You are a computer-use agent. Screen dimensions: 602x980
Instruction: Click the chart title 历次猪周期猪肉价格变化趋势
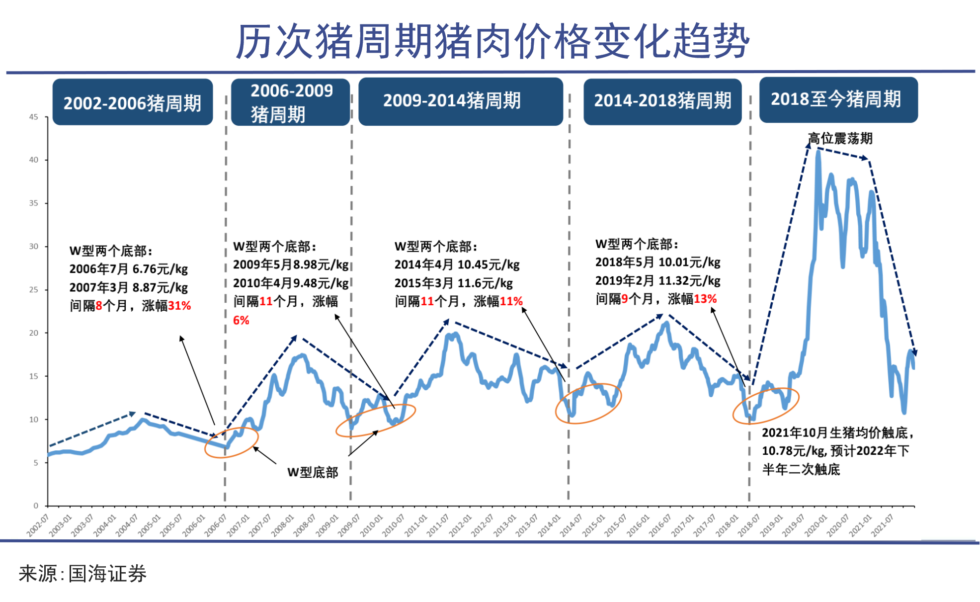(x=492, y=41)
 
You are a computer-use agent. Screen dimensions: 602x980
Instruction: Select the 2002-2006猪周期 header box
(x=132, y=102)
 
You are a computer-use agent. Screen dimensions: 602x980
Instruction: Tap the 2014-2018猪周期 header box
(x=662, y=101)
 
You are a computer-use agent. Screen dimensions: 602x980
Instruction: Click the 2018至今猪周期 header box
(x=838, y=99)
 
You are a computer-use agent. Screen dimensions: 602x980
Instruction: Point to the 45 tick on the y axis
(x=33, y=117)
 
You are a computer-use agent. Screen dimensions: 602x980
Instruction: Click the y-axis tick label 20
(x=33, y=333)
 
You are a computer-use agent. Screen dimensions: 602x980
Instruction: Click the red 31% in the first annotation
(x=179, y=306)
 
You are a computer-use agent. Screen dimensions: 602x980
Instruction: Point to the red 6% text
(x=241, y=320)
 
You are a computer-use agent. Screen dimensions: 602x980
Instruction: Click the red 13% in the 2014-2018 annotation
(x=705, y=299)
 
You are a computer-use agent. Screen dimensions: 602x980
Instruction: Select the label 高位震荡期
(x=840, y=138)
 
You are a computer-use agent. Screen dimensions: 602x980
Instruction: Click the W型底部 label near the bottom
(x=312, y=472)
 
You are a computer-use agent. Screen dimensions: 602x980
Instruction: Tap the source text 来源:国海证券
(x=82, y=574)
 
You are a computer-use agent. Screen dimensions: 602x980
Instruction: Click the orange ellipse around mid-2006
(x=231, y=441)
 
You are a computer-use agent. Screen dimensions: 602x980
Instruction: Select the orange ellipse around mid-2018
(x=766, y=406)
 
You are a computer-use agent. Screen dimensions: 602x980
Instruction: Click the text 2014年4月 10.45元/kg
(x=457, y=264)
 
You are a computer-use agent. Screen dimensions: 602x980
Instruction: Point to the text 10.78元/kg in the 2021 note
(x=793, y=451)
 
